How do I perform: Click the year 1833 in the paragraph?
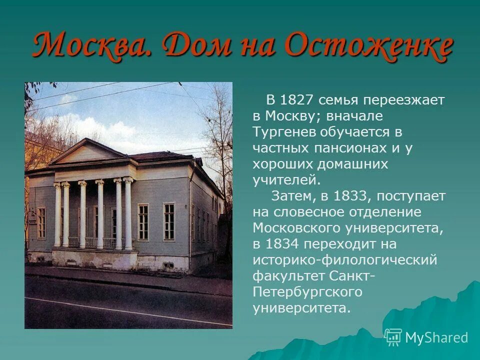click(348, 195)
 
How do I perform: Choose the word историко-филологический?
click(345, 259)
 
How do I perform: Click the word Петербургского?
click(307, 291)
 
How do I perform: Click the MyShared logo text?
click(436, 338)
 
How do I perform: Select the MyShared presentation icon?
click(393, 337)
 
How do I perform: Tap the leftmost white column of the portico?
click(57, 215)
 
